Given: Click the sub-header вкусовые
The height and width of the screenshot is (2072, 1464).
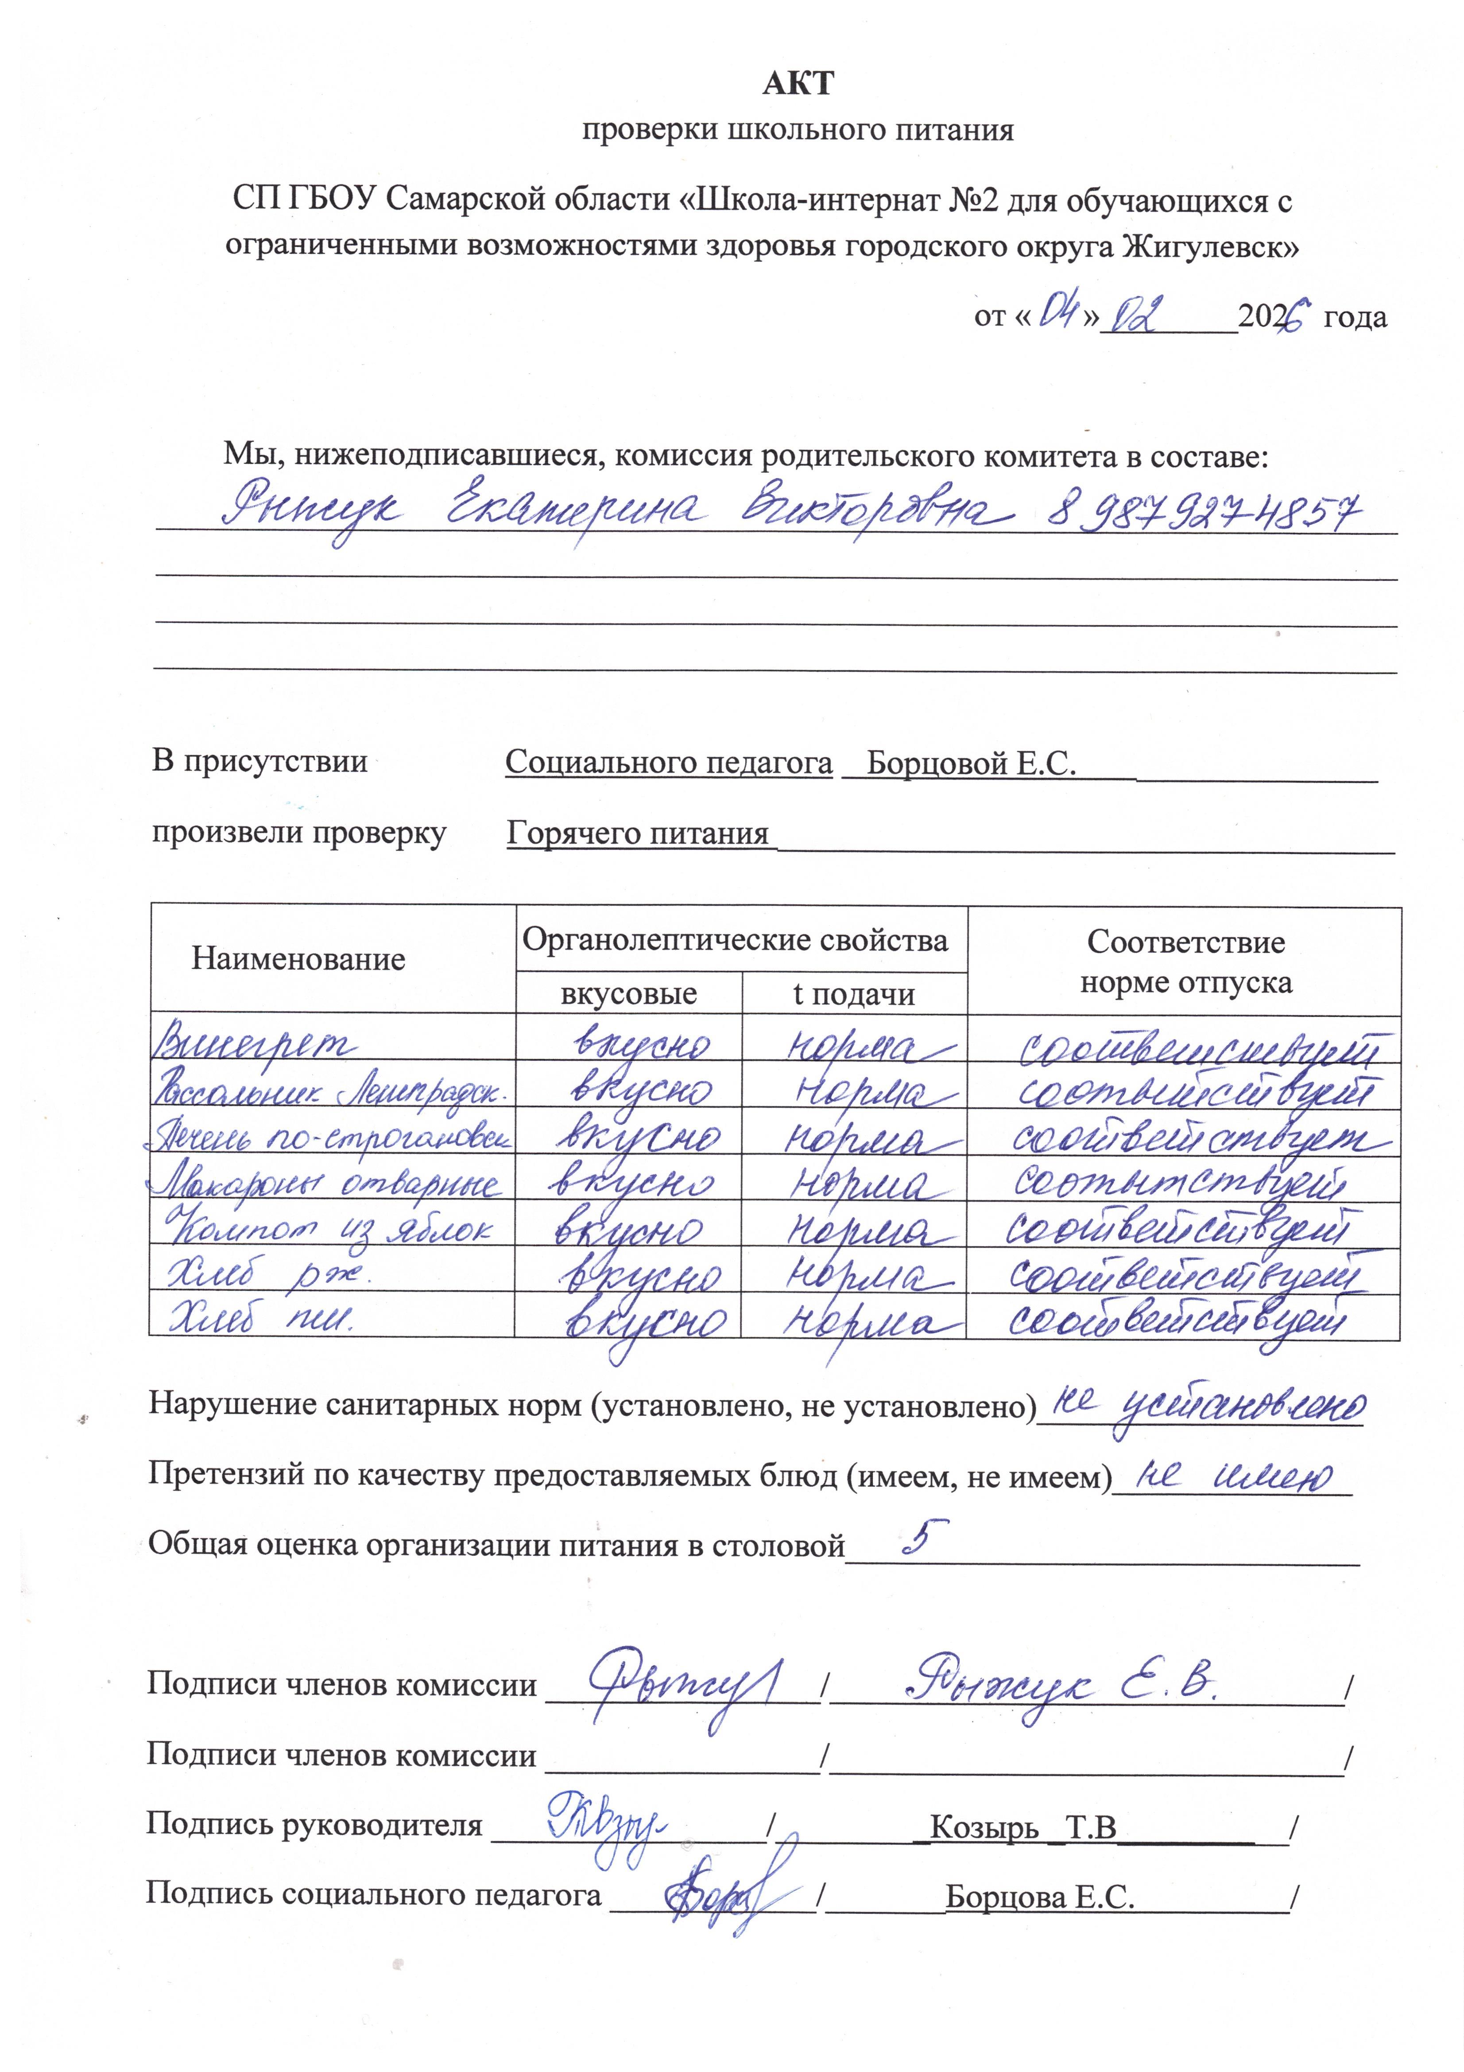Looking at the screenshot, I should tap(629, 993).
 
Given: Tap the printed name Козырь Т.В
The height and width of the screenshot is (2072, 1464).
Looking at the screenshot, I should tap(1023, 1827).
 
